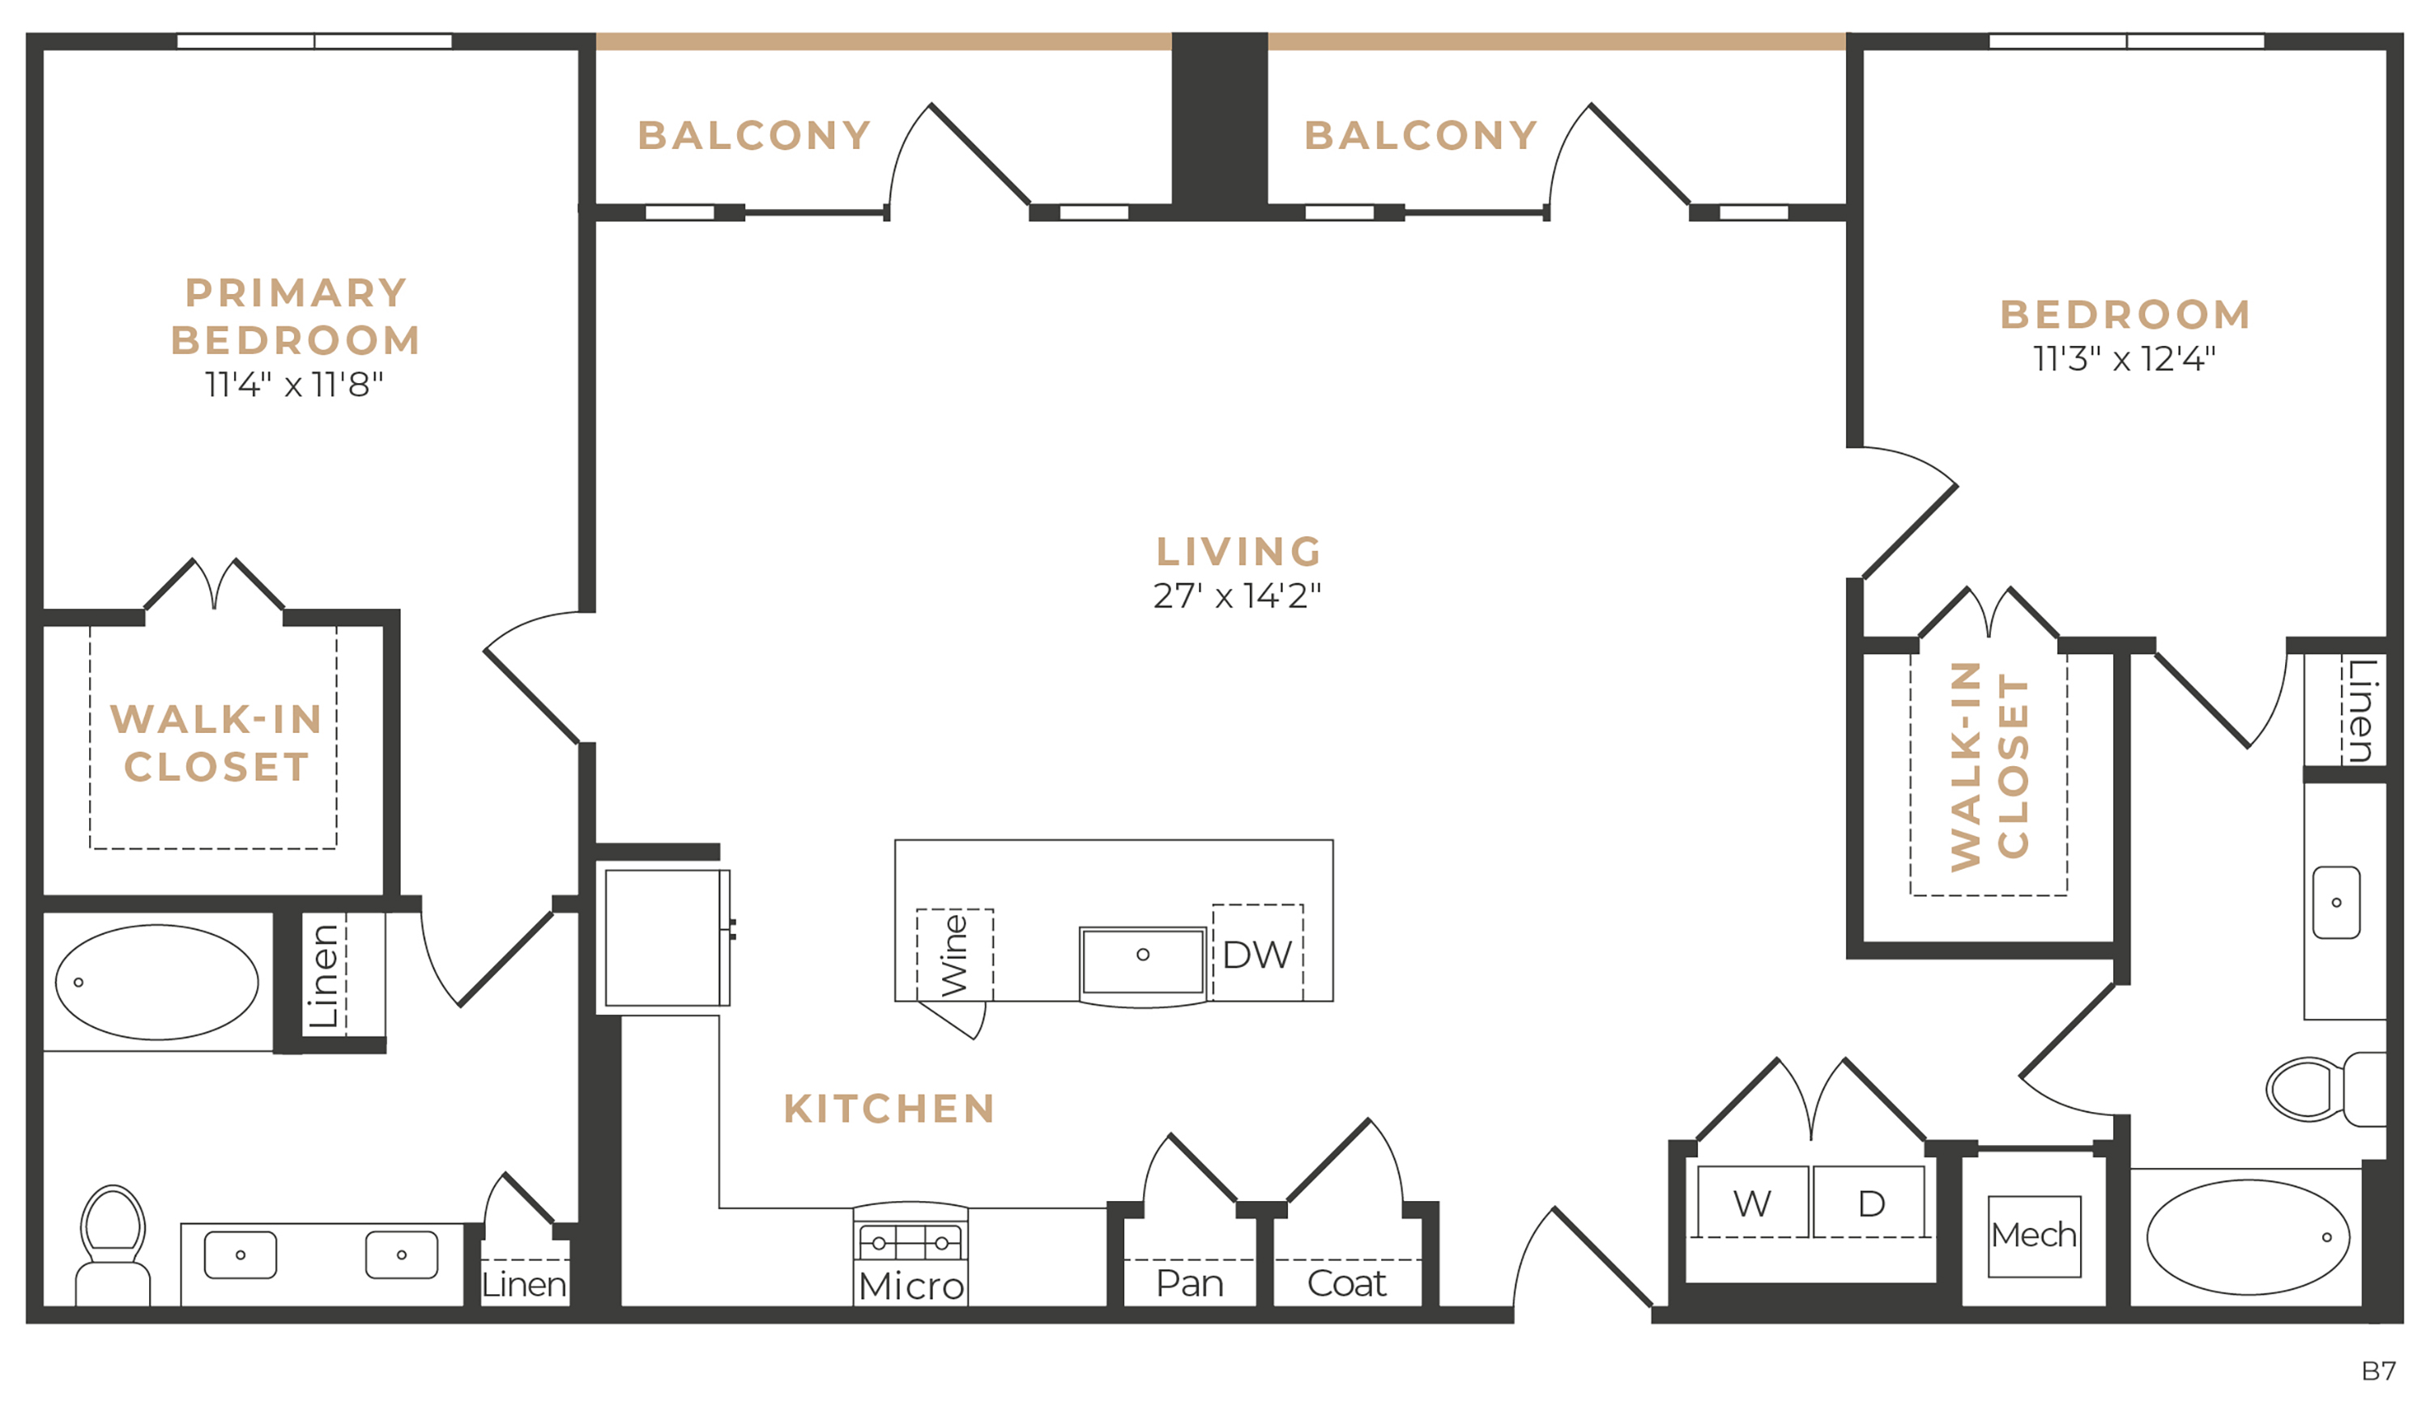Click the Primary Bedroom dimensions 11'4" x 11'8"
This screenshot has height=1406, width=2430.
(x=294, y=385)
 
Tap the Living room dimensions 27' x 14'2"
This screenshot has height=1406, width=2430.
(x=1237, y=596)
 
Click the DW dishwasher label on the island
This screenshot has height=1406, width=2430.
(x=1256, y=955)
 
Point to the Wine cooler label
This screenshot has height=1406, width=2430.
(x=953, y=955)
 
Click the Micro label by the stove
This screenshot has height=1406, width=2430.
(x=911, y=1285)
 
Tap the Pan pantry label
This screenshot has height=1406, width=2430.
(x=1190, y=1284)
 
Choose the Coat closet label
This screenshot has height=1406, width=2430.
(x=1347, y=1284)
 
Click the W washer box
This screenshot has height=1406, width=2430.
(x=1752, y=1202)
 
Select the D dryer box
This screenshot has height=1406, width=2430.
(x=1871, y=1202)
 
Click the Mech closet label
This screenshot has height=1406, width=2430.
(x=2034, y=1235)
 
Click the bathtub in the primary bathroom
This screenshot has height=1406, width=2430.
(x=157, y=982)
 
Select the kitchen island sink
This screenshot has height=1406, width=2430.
(x=1143, y=961)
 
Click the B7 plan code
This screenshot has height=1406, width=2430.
(x=2379, y=1370)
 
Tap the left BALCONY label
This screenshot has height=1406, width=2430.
(x=755, y=136)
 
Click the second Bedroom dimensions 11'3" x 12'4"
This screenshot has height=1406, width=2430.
(x=2125, y=359)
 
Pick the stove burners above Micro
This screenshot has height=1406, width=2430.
(x=910, y=1243)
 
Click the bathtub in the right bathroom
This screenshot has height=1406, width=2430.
(x=2249, y=1238)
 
